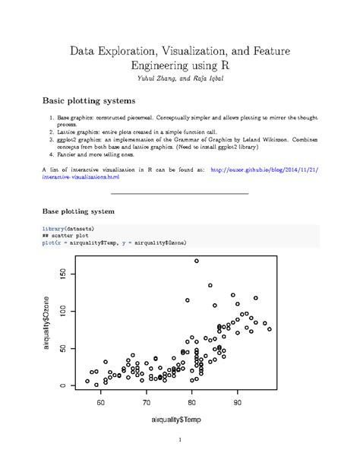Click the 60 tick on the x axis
101,402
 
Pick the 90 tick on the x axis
238,402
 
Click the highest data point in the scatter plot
197,261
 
